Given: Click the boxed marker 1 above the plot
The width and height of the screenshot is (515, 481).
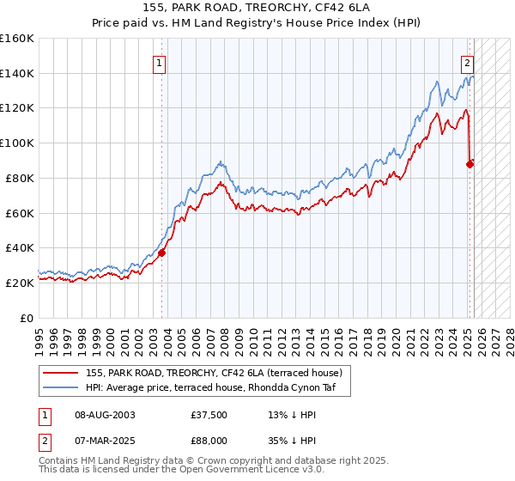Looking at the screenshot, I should (160, 62).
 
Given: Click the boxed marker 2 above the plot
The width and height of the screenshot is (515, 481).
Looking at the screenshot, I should (467, 62).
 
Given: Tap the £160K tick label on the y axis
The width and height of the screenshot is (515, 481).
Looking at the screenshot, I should (17, 39).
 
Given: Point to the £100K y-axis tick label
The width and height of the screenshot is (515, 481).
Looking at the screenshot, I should (17, 143).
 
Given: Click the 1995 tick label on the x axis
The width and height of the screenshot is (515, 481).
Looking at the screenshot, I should (39, 335).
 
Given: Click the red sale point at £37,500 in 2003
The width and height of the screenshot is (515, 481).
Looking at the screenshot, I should (161, 253).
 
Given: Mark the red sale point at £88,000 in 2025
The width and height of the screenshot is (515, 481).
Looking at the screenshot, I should (470, 164).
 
